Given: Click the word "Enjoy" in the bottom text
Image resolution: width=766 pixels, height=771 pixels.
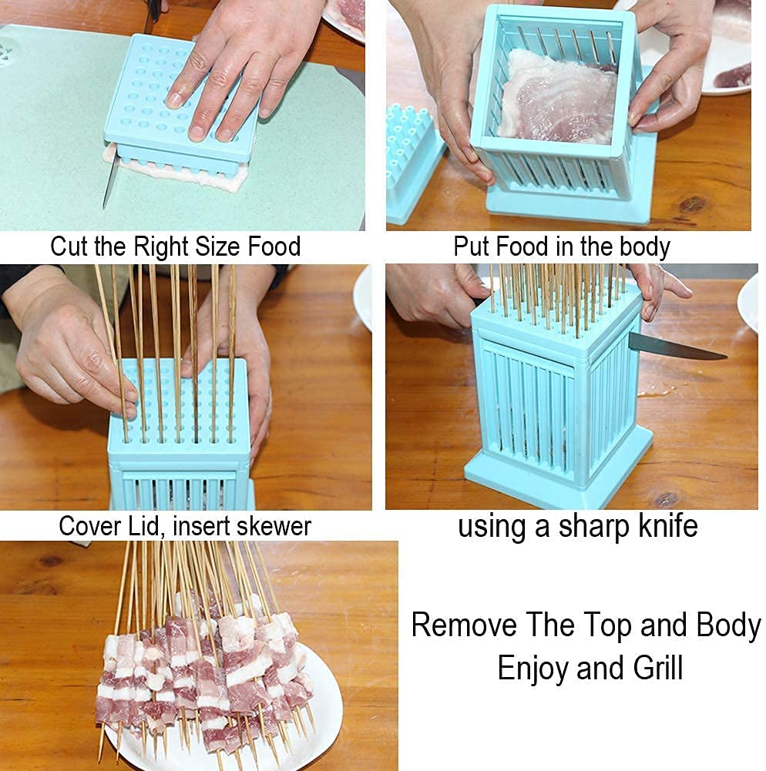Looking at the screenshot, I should (x=533, y=667).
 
